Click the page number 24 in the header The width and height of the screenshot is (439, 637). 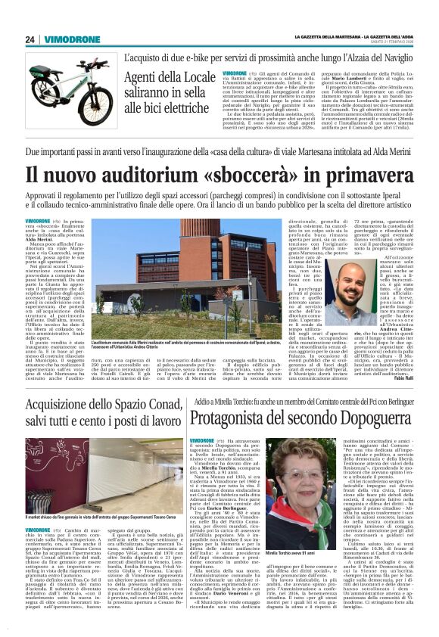tap(30, 39)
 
